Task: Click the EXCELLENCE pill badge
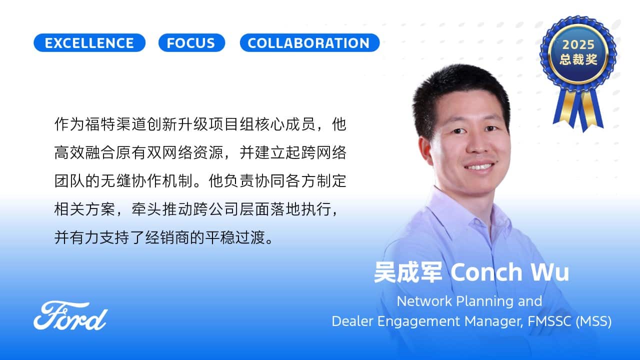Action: click(89, 43)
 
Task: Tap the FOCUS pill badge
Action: click(191, 43)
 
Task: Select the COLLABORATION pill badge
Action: click(309, 43)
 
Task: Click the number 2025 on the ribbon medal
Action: click(578, 44)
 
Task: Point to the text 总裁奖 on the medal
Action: click(578, 59)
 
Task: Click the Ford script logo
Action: click(70, 315)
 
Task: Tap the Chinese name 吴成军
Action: click(408, 272)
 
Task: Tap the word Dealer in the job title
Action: click(352, 321)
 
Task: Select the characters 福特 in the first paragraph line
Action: click(100, 124)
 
